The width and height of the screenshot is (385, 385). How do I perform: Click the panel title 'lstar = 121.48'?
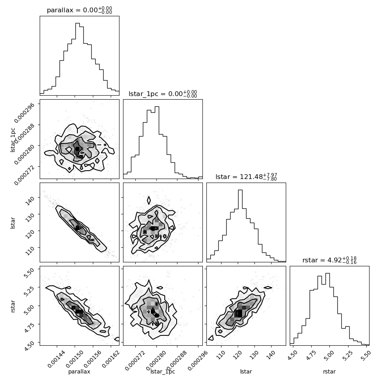246,177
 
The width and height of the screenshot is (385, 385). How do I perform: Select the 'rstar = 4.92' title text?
329,260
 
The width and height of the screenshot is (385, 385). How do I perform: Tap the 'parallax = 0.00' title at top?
79,10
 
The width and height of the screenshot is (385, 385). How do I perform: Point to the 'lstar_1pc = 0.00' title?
163,94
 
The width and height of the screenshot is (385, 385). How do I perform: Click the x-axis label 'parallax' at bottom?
79,372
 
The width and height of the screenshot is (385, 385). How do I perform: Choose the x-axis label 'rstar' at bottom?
329,372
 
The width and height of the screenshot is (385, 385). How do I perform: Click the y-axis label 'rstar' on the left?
13,306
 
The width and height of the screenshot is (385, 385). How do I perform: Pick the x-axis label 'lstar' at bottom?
246,372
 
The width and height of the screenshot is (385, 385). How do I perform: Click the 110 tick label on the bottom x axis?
220,355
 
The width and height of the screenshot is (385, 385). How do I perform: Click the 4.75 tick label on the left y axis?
29,326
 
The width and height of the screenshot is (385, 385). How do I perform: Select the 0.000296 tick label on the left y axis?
24,112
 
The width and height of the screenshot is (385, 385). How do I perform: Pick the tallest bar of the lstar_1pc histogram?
157,142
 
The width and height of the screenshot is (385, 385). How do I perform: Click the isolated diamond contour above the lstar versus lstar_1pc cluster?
148,200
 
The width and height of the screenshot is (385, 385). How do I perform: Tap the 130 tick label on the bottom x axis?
253,355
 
